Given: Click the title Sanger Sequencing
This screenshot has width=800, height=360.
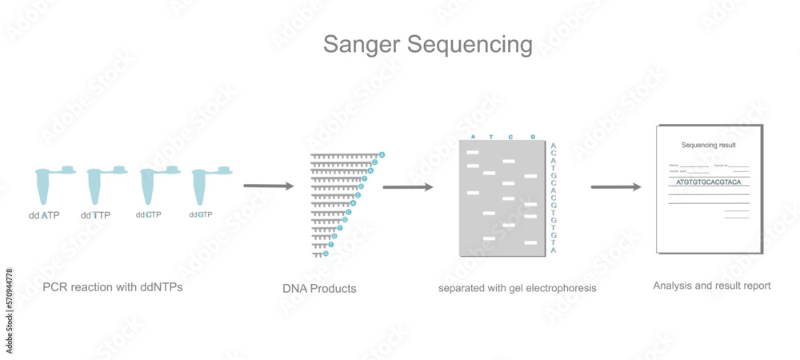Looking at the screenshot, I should click(x=427, y=44).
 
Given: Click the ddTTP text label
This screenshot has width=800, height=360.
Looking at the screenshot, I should click(x=96, y=215).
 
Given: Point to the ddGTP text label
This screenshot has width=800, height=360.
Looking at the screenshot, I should click(x=201, y=214).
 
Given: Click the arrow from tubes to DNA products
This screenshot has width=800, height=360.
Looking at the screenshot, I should click(x=268, y=186).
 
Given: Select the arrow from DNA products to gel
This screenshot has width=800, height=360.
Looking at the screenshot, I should click(x=407, y=187).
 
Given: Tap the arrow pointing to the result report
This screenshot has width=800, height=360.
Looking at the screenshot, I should click(x=615, y=187).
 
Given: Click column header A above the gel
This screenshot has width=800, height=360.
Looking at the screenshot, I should click(x=473, y=136).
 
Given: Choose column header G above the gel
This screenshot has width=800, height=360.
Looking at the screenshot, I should click(x=533, y=136).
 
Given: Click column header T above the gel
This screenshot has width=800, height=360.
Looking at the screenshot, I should click(x=491, y=136).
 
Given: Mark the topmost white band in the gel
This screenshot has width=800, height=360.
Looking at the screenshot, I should click(x=473, y=151).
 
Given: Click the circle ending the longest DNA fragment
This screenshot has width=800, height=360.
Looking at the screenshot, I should click(x=382, y=154).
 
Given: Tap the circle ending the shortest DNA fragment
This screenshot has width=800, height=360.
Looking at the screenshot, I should click(x=326, y=254).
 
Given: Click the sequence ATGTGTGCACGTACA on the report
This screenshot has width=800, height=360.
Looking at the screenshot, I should click(x=709, y=182).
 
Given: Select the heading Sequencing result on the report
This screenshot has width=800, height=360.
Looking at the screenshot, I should click(x=708, y=146).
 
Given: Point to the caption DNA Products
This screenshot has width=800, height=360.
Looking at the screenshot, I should click(x=319, y=288).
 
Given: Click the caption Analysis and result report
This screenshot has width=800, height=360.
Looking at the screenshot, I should click(x=711, y=286).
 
